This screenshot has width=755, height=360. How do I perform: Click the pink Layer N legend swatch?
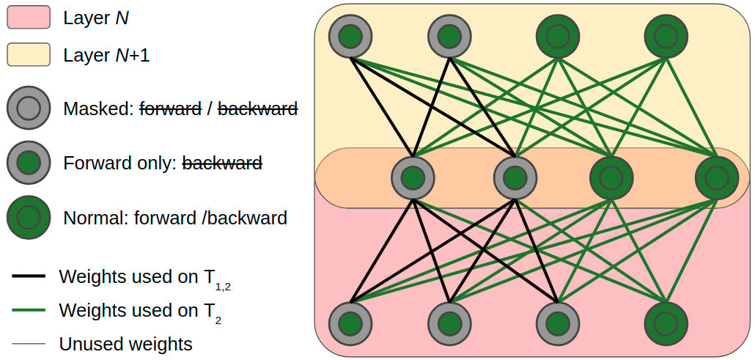click(29, 18)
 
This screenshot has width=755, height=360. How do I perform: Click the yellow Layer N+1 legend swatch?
click(29, 54)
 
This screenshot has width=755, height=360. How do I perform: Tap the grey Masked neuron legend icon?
click(29, 109)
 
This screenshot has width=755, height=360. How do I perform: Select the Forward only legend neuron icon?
click(29, 163)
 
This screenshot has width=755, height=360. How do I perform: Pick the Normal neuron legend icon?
click(29, 217)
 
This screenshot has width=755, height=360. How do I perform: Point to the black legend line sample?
click(29, 276)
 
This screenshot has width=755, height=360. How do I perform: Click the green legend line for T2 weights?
click(29, 310)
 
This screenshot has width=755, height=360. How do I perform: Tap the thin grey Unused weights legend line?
click(29, 344)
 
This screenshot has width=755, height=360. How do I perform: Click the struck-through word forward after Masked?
click(171, 109)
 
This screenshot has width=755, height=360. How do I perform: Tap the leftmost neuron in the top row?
click(350, 36)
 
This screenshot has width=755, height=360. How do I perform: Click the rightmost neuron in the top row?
click(666, 36)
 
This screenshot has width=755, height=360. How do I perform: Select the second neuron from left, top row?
click(450, 36)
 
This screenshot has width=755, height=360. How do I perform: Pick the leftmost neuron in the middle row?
click(413, 178)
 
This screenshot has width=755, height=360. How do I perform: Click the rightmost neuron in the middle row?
click(717, 178)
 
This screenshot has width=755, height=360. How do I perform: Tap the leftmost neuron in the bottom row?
click(350, 323)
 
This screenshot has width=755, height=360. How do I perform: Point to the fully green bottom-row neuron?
click(666, 323)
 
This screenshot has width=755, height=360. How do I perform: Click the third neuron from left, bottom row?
click(558, 323)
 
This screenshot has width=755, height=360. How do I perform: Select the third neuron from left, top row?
click(558, 36)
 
